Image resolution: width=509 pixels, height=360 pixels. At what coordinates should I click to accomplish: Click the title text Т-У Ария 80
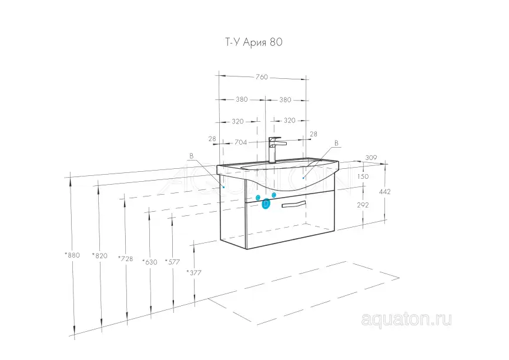(253, 42)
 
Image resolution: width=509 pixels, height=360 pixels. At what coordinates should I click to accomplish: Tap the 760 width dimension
(262, 77)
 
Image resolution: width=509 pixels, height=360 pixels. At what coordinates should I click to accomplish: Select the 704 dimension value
(240, 142)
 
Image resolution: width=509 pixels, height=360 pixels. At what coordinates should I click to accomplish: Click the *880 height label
(72, 255)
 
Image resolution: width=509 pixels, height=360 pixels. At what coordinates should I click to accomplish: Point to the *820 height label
(100, 256)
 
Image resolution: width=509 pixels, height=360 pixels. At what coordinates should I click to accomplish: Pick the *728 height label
(125, 259)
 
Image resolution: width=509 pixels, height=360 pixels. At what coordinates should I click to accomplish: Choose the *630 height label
(150, 262)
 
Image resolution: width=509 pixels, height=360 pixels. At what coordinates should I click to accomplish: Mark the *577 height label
(172, 262)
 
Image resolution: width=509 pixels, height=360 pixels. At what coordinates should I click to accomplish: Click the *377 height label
(194, 272)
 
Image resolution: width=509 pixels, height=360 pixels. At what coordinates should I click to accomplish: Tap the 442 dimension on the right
(384, 192)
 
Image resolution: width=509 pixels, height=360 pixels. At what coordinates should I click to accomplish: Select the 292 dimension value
(363, 205)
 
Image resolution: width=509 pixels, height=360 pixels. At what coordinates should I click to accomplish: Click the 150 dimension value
(363, 176)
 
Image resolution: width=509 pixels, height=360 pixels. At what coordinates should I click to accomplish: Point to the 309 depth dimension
(371, 158)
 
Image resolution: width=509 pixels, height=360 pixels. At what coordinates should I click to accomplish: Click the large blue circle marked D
(266, 204)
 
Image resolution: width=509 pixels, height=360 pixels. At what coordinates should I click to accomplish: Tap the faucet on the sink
(275, 149)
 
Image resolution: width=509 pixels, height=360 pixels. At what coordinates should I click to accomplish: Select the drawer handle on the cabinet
(293, 204)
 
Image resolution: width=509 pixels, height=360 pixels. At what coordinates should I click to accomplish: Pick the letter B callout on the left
(192, 156)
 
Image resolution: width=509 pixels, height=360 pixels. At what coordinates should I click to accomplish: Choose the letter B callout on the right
(336, 143)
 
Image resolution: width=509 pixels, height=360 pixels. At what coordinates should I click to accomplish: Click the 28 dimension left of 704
(212, 139)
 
